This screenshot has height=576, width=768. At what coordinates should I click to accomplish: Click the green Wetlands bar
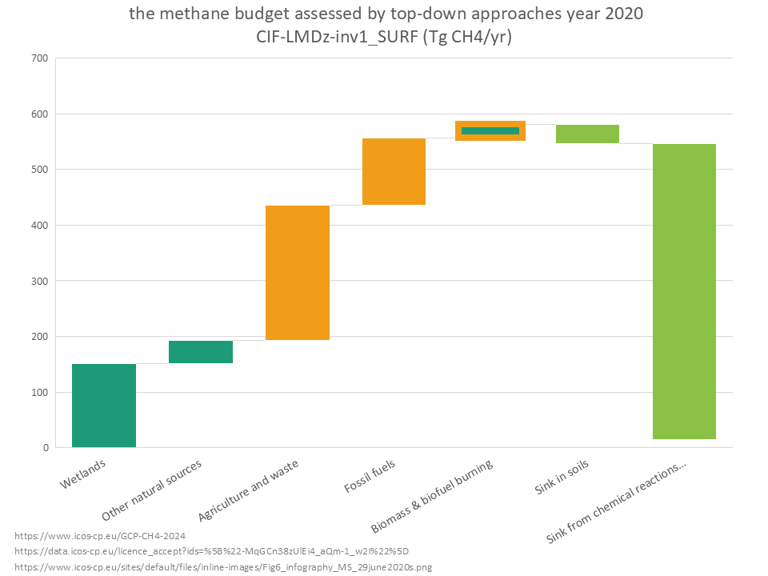coord(104,405)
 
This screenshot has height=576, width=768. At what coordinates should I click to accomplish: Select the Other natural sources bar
coord(201,352)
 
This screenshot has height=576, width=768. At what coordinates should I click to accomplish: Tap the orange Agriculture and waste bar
coord(298,273)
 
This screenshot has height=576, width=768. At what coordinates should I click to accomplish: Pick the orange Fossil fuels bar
coord(394,171)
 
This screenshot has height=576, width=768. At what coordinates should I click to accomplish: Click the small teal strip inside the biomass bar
coord(490,130)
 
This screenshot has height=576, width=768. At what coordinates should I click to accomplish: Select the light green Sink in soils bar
coord(587,134)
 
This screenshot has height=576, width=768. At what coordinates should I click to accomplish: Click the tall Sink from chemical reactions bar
coord(684,291)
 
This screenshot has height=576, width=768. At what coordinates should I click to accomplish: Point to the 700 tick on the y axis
coord(38,58)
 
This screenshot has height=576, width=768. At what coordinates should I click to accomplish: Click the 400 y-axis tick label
coord(38,226)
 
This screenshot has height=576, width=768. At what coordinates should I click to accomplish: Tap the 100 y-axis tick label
coord(38,393)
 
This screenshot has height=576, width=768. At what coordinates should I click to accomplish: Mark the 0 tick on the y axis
coord(45,448)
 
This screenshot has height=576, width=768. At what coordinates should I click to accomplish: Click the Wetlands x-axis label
coord(82,474)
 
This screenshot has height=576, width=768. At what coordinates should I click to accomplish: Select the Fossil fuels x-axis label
coord(370,476)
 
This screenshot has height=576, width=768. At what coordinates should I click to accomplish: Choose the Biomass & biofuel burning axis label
coord(432,497)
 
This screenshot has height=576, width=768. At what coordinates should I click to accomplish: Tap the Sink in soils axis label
coord(562,478)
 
